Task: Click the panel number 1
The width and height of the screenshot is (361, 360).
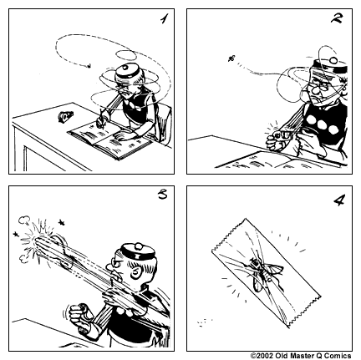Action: point(159,19)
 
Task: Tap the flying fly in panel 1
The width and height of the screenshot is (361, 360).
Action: point(89,63)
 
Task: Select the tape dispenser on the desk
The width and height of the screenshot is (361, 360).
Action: point(66,117)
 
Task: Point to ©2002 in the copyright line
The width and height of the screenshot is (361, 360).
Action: point(263,355)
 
